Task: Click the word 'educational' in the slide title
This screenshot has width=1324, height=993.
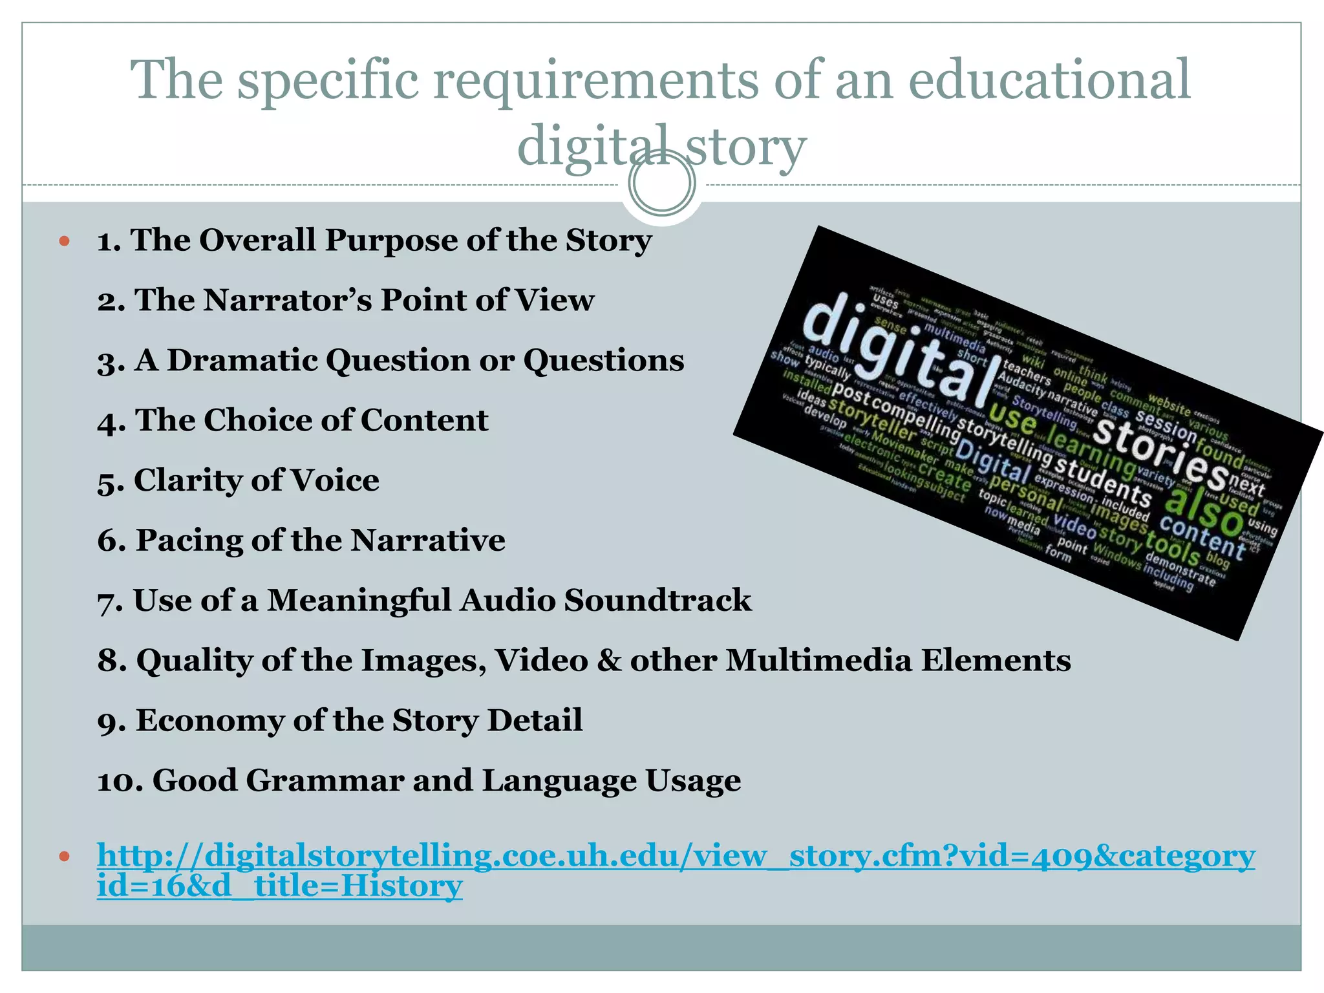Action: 1049,80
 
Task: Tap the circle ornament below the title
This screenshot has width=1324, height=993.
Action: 661,184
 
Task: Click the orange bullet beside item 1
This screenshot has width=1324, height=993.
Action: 63,242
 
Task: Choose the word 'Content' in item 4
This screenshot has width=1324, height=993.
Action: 423,420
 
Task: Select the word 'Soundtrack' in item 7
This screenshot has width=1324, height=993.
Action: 657,600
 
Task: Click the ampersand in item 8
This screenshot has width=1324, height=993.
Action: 608,661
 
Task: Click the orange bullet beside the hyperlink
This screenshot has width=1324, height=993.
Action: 63,857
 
